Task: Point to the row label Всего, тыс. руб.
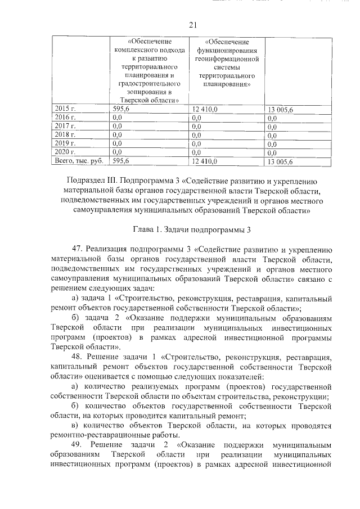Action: coord(78,161)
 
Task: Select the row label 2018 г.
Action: coord(64,136)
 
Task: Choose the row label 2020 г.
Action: coord(64,152)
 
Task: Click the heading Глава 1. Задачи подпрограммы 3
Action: coord(192,229)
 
